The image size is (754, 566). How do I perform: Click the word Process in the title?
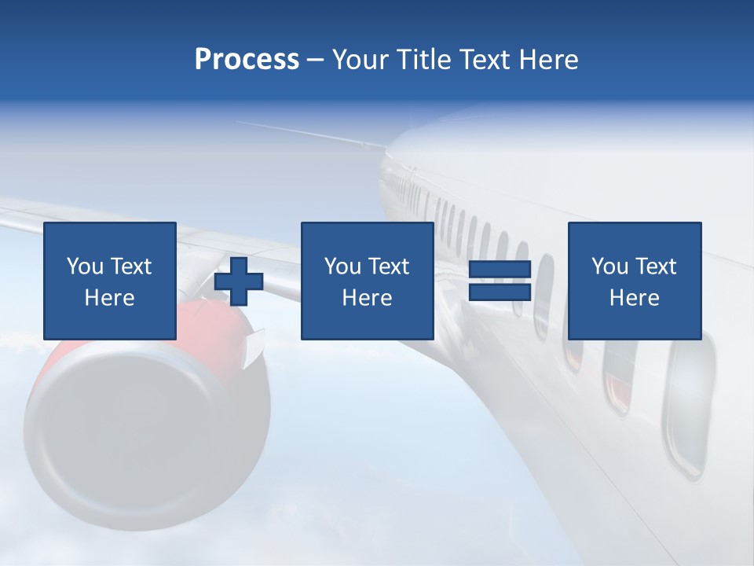tap(247, 60)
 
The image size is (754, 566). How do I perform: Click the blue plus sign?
tap(239, 281)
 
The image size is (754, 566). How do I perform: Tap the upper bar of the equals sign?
tap(500, 270)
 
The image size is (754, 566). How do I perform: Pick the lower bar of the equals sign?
tap(500, 292)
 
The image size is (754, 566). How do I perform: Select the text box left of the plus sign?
tap(109, 281)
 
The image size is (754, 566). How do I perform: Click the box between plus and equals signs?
tap(367, 281)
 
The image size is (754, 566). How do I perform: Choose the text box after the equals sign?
tap(634, 281)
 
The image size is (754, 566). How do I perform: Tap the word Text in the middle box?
tap(388, 266)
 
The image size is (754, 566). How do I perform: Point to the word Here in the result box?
tap(634, 298)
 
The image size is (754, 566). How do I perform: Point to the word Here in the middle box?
tap(367, 298)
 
